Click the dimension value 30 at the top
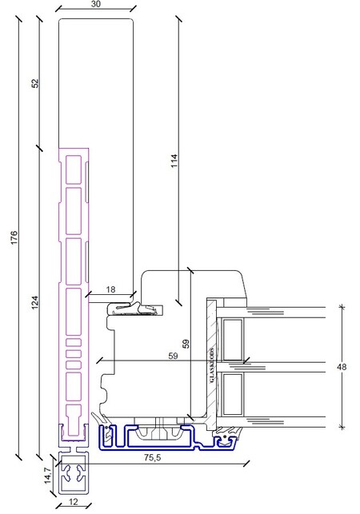[95, 4]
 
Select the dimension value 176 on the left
[14, 237]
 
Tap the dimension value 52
[34, 83]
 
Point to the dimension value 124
[34, 302]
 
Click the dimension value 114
[174, 161]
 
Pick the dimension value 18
[111, 289]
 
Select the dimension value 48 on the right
[342, 367]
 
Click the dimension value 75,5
[153, 457]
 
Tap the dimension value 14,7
[48, 476]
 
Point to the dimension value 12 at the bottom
[74, 501]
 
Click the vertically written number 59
[186, 344]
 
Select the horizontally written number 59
[173, 356]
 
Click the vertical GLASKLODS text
[212, 365]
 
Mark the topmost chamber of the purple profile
[74, 169]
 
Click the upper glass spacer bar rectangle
[232, 339]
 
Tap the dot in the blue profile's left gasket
[106, 428]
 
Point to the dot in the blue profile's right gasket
[225, 436]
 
